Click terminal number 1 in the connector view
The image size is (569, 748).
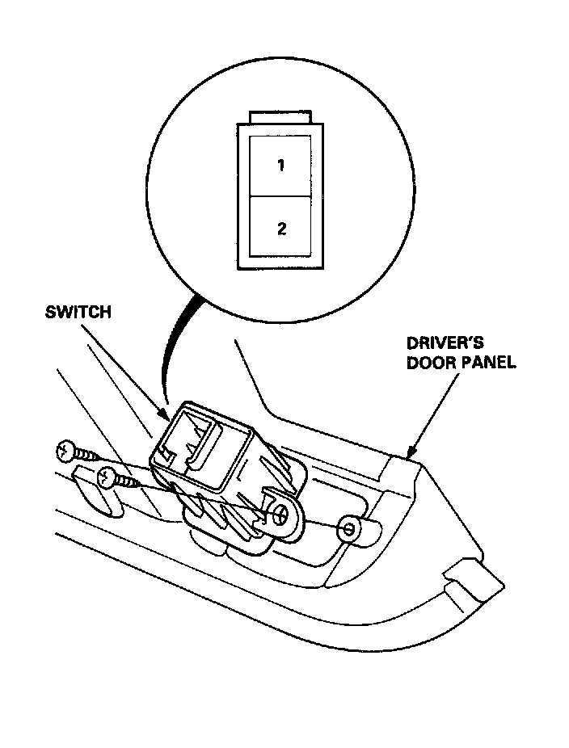(x=280, y=166)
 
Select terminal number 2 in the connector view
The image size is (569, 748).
(x=280, y=229)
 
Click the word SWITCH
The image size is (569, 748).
(x=78, y=313)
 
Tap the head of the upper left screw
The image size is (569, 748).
(x=65, y=450)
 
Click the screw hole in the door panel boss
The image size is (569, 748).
(x=348, y=529)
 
